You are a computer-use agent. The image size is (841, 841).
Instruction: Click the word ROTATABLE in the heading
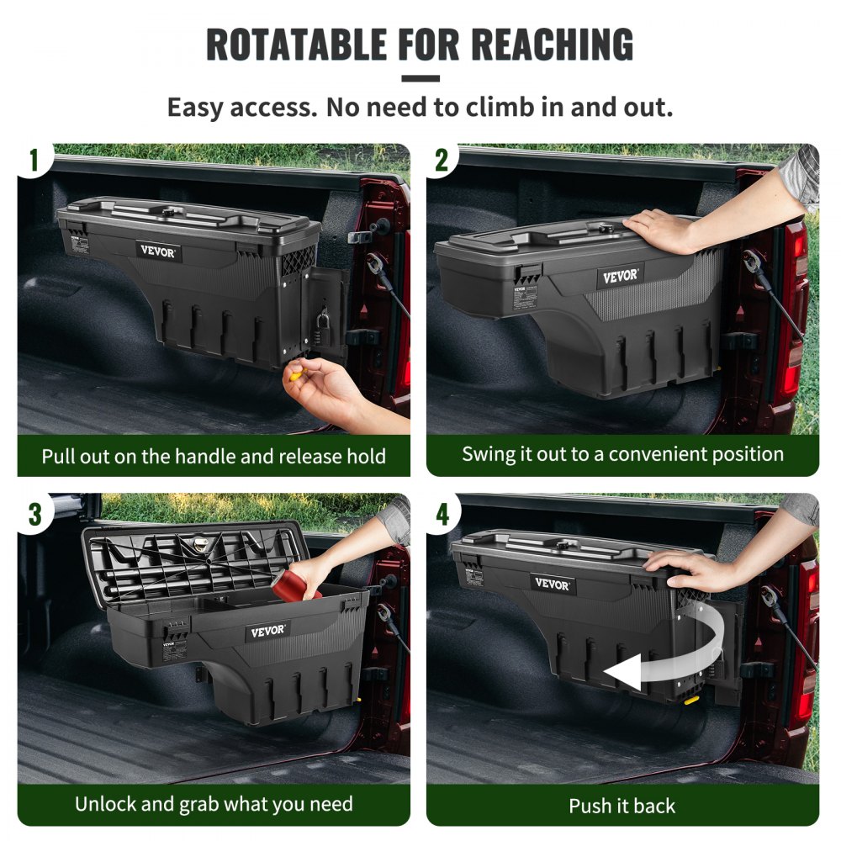click(x=297, y=45)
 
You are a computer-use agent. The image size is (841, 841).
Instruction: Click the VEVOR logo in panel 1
click(x=158, y=250)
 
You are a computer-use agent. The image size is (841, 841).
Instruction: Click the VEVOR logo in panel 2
click(x=621, y=276)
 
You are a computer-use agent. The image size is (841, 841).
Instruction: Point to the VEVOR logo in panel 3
click(x=267, y=632)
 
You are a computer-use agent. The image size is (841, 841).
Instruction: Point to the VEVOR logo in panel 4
click(x=553, y=584)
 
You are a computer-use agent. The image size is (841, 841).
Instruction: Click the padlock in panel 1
click(x=323, y=321)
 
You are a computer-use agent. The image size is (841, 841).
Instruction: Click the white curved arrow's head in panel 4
click(x=618, y=673)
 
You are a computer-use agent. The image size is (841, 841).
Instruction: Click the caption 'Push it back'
click(x=621, y=806)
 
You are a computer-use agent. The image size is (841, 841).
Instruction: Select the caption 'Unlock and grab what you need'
click(x=214, y=803)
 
